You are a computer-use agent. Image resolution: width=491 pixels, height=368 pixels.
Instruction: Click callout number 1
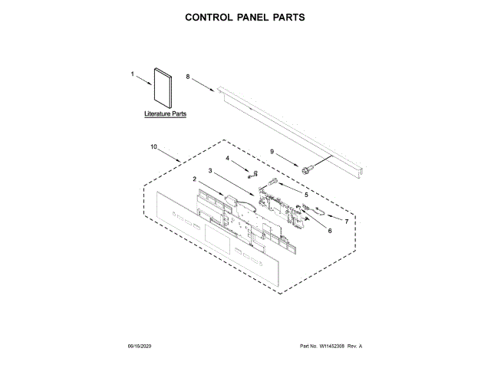coord(133,74)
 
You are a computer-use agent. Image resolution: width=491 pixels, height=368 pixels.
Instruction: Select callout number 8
coord(187,78)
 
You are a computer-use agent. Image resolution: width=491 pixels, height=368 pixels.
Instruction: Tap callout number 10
coord(153,146)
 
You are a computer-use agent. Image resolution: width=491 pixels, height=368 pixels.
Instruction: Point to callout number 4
coord(228,158)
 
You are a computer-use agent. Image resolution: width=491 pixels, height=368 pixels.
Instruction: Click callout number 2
coord(195,179)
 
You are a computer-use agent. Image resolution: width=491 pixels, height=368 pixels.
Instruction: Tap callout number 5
coord(307,195)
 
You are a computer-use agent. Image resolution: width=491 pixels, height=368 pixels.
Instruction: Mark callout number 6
coord(331,230)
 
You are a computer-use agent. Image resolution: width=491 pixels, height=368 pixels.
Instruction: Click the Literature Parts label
coord(166,113)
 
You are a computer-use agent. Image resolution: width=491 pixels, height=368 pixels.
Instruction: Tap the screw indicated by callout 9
coord(308,168)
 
